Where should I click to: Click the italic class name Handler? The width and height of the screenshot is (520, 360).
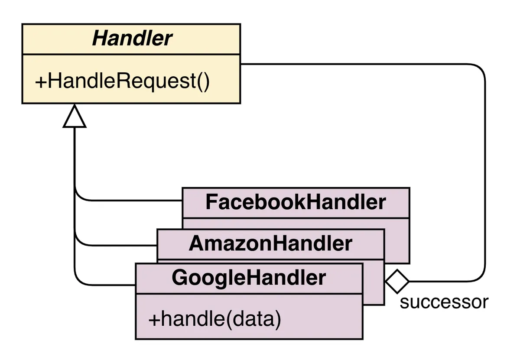[132, 39]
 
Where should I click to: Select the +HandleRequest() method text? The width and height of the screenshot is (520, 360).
[122, 81]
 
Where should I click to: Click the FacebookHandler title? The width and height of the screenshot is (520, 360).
[296, 202]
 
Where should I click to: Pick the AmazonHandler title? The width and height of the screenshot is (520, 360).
[270, 244]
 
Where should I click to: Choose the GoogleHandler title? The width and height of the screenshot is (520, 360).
[249, 278]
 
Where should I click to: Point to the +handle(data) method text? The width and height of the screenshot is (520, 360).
[214, 319]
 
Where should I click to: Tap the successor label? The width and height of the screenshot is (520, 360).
[444, 302]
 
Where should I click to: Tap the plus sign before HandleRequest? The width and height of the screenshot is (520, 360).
[40, 81]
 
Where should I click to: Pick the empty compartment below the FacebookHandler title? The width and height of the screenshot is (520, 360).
[296, 224]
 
